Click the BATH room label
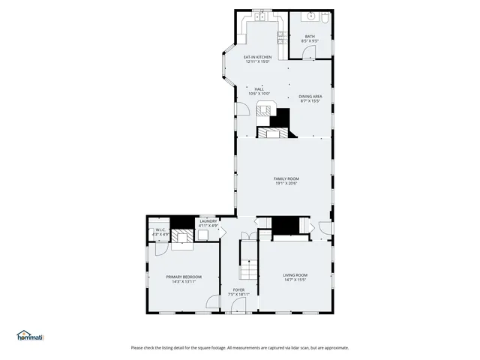[310, 36]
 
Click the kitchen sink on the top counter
[259, 16]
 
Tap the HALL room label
[259, 89]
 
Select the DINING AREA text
[310, 97]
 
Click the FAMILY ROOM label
[286, 178]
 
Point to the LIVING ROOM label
[295, 275]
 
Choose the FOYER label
[238, 289]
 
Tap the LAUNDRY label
[208, 221]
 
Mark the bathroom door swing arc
[319, 51]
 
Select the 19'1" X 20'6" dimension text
[286, 183]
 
